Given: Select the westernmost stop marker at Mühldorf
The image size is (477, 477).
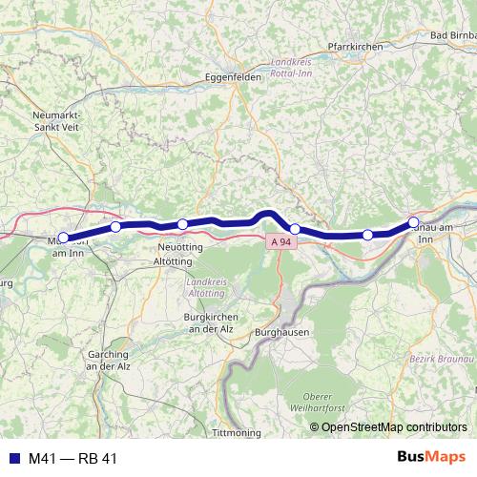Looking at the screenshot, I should click(64, 238).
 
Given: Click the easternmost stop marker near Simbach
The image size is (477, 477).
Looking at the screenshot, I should click(413, 223).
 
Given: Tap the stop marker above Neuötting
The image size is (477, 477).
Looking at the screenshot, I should click(182, 225).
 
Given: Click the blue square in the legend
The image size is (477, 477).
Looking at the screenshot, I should click(11, 459).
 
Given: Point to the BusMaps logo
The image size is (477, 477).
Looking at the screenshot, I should click(430, 459).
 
